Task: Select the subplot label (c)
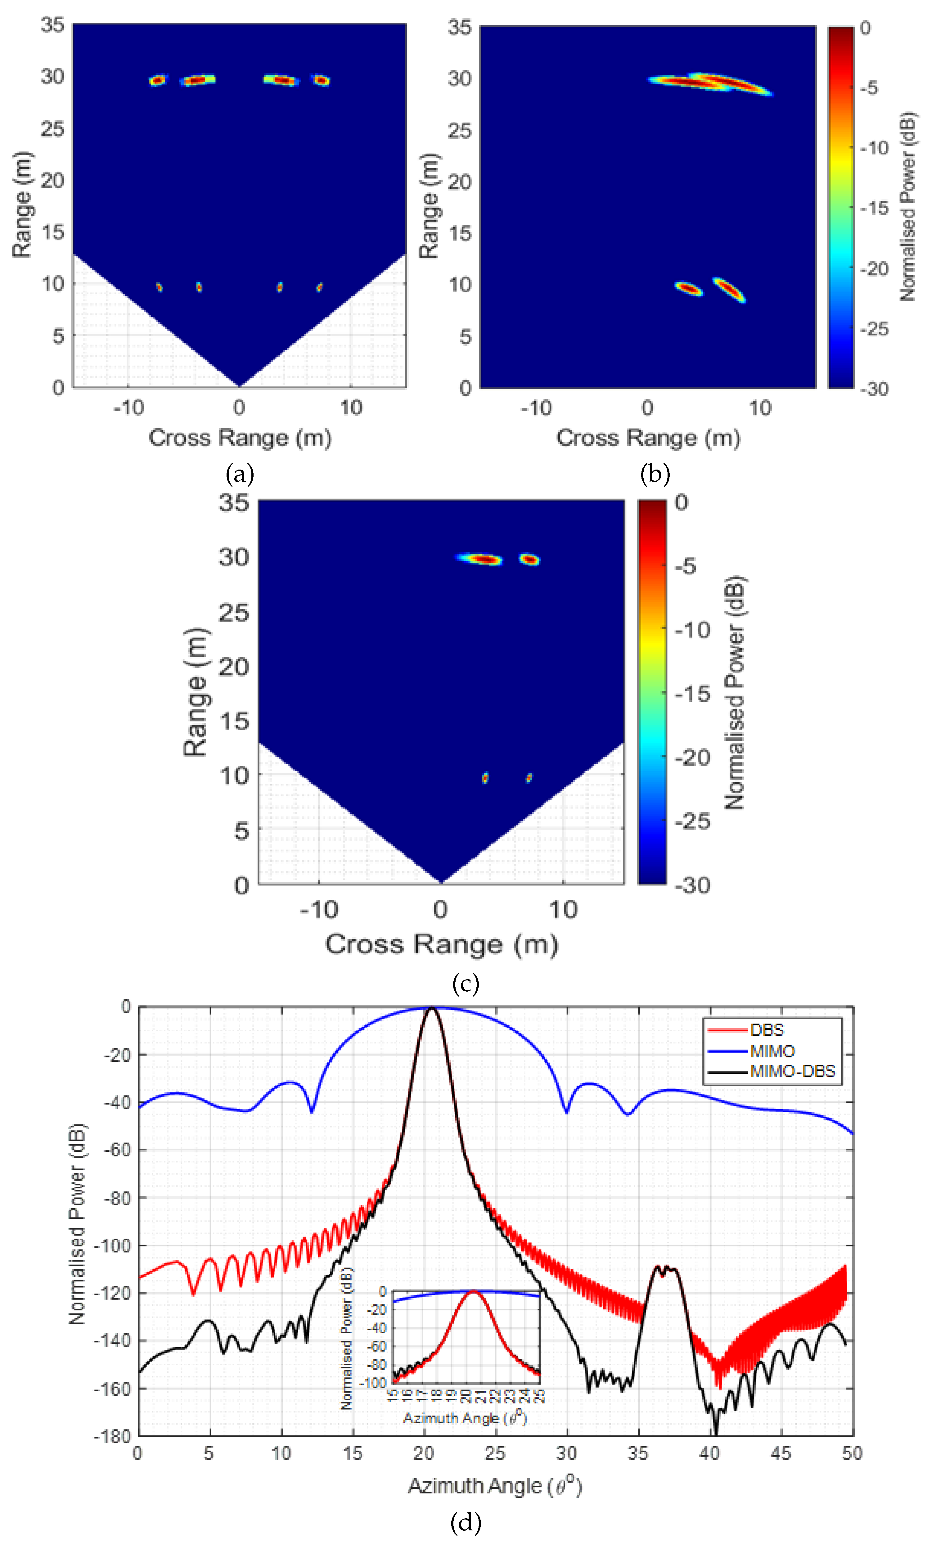tap(466, 984)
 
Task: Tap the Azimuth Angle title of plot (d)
tap(495, 1487)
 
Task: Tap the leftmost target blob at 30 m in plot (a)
tap(157, 80)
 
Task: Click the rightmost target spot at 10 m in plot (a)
tap(319, 287)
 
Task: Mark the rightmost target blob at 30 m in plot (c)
tap(529, 559)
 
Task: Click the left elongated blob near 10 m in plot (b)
tap(689, 289)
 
